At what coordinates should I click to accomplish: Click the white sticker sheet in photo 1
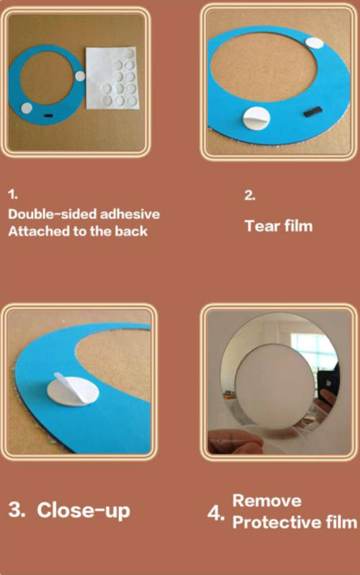113,78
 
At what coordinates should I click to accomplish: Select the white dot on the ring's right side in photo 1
80,76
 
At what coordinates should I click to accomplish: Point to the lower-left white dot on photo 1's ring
27,108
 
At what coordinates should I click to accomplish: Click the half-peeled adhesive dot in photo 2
256,118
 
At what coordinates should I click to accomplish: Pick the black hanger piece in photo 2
312,112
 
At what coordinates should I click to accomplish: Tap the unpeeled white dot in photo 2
314,43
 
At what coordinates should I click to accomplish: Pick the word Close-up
84,510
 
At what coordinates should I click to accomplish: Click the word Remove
267,501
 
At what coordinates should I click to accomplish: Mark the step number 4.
215,513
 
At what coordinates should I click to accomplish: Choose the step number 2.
250,195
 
